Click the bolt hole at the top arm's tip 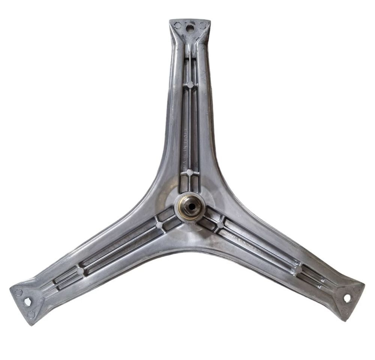(190, 27)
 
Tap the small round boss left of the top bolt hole (178, 25)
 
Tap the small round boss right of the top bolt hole (202, 25)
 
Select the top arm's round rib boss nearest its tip (190, 84)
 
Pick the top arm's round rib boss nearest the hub (190, 172)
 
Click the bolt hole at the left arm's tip (27, 301)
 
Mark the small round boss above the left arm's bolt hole (19, 292)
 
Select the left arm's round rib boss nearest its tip (80, 270)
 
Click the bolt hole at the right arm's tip (347, 298)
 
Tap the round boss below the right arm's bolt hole (343, 311)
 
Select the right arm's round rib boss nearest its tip (298, 269)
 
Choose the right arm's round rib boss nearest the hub (220, 225)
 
